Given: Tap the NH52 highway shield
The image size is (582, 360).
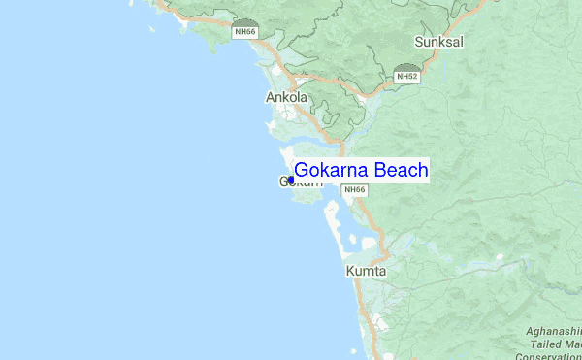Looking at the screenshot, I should click(x=406, y=75).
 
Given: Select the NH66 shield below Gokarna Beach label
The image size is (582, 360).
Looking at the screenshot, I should click(x=354, y=188).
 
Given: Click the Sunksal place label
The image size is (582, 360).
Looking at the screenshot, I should click(x=438, y=43).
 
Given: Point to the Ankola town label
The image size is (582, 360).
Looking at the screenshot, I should click(x=286, y=97).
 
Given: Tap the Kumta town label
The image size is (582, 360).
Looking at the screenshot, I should click(x=366, y=271).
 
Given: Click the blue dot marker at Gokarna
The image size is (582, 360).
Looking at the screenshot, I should click(x=290, y=180).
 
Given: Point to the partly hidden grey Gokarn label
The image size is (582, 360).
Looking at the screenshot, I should click(x=300, y=182).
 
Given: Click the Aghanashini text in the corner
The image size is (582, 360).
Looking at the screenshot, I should click(x=554, y=332).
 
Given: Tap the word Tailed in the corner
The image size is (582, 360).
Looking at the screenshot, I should click(x=545, y=343).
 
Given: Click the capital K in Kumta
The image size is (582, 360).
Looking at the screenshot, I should click(x=350, y=271).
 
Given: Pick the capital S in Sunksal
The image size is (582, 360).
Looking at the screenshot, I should click(x=419, y=43).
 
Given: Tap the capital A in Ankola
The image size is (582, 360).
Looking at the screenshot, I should click(x=271, y=97).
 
